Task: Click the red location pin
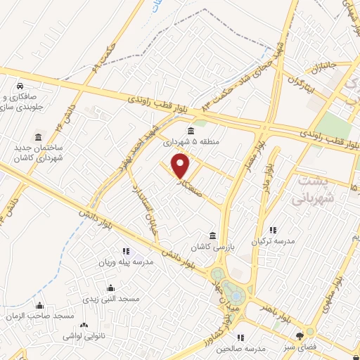[181, 166]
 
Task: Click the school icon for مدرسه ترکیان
[274, 229]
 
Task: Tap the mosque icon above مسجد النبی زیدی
[110, 288]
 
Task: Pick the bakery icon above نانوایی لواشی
[84, 326]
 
